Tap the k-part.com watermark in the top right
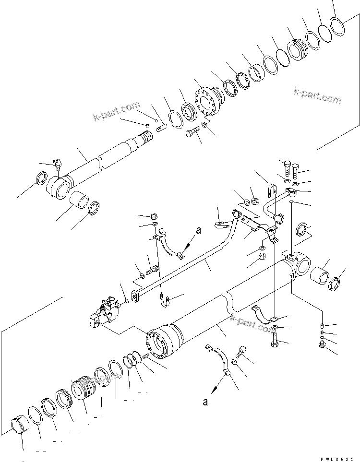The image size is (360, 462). click(x=318, y=96)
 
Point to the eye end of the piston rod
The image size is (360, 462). click(x=59, y=188)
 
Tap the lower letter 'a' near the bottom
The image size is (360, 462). click(x=205, y=402)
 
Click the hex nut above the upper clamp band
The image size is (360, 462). click(x=155, y=215)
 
